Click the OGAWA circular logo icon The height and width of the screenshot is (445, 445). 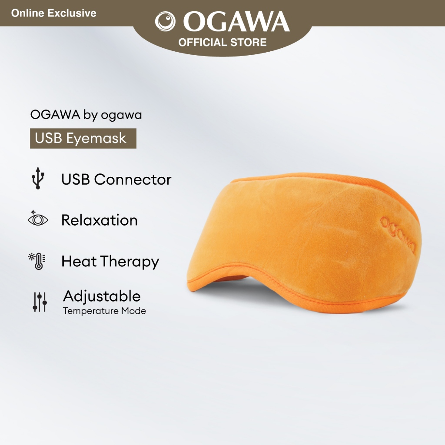point(165,22)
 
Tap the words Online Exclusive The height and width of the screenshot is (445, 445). point(54,13)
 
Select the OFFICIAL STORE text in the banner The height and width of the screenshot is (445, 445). point(222,43)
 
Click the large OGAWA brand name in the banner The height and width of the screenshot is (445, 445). point(236,22)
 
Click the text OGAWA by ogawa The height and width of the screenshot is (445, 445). point(86,115)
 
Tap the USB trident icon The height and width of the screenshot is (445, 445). point(38,178)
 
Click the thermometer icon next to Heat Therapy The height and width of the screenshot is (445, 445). point(39,261)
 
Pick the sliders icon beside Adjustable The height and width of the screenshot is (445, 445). point(40,302)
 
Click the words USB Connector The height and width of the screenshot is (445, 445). point(116,179)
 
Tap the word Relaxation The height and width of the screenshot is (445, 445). point(99,220)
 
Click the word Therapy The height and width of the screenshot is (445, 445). point(130,262)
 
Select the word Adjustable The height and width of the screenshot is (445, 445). point(102,296)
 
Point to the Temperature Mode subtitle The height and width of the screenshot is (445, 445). point(104,311)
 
